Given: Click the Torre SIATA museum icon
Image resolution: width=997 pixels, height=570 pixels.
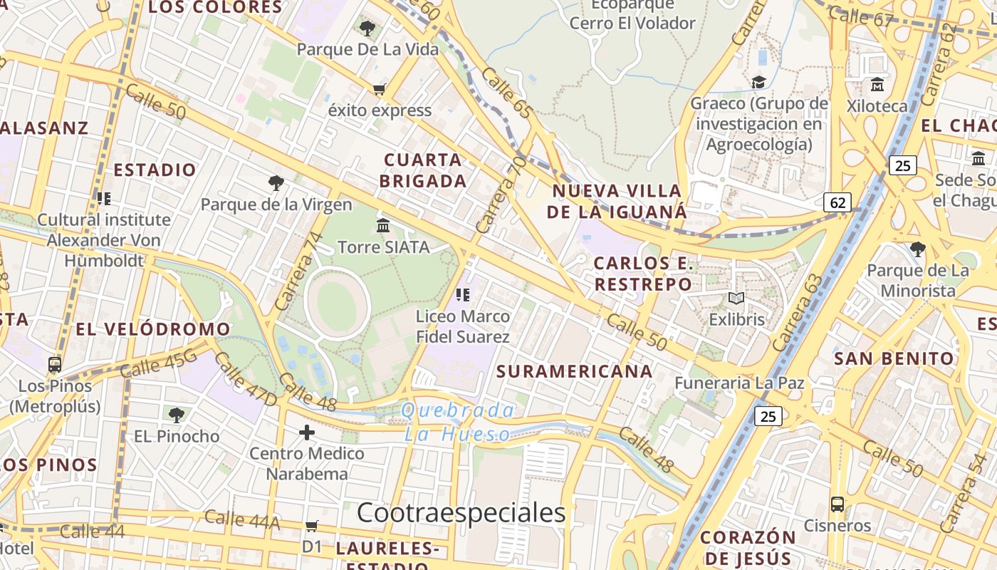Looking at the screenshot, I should [x=383, y=226].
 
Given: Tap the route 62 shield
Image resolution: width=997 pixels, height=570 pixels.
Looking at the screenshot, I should [x=837, y=202].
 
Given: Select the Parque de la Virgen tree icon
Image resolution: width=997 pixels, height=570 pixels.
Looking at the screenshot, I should [x=276, y=183].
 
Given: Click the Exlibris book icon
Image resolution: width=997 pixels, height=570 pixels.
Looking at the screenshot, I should [x=736, y=299].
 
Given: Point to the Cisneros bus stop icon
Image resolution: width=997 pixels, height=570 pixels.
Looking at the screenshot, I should [x=837, y=504].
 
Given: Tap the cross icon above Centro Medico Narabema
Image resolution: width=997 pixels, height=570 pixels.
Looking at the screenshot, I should [x=307, y=432].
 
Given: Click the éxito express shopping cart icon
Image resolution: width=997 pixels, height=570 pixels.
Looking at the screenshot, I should [x=380, y=90].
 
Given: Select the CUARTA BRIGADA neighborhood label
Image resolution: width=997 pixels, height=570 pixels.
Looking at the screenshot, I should [x=423, y=170].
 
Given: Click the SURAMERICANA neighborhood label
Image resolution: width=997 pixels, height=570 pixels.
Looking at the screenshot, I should [x=574, y=371].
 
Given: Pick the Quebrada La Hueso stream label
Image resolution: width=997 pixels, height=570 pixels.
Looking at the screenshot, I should [x=457, y=422].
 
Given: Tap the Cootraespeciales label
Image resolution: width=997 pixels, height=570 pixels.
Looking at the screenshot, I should [x=461, y=512].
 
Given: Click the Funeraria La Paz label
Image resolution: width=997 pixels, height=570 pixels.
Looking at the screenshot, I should [x=739, y=383].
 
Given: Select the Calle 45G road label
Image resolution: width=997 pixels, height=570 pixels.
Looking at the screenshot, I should [x=158, y=366].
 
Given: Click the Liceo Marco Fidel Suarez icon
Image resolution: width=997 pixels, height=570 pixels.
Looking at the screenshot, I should [x=464, y=294].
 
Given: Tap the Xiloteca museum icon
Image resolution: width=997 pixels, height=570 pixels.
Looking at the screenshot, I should [x=877, y=85].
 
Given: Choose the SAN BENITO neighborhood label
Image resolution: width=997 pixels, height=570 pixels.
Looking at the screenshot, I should [x=893, y=358].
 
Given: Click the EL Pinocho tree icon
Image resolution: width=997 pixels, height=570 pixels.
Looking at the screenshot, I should [x=177, y=415].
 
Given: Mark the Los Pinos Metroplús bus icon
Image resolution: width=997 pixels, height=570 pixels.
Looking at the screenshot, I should [x=55, y=365].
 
